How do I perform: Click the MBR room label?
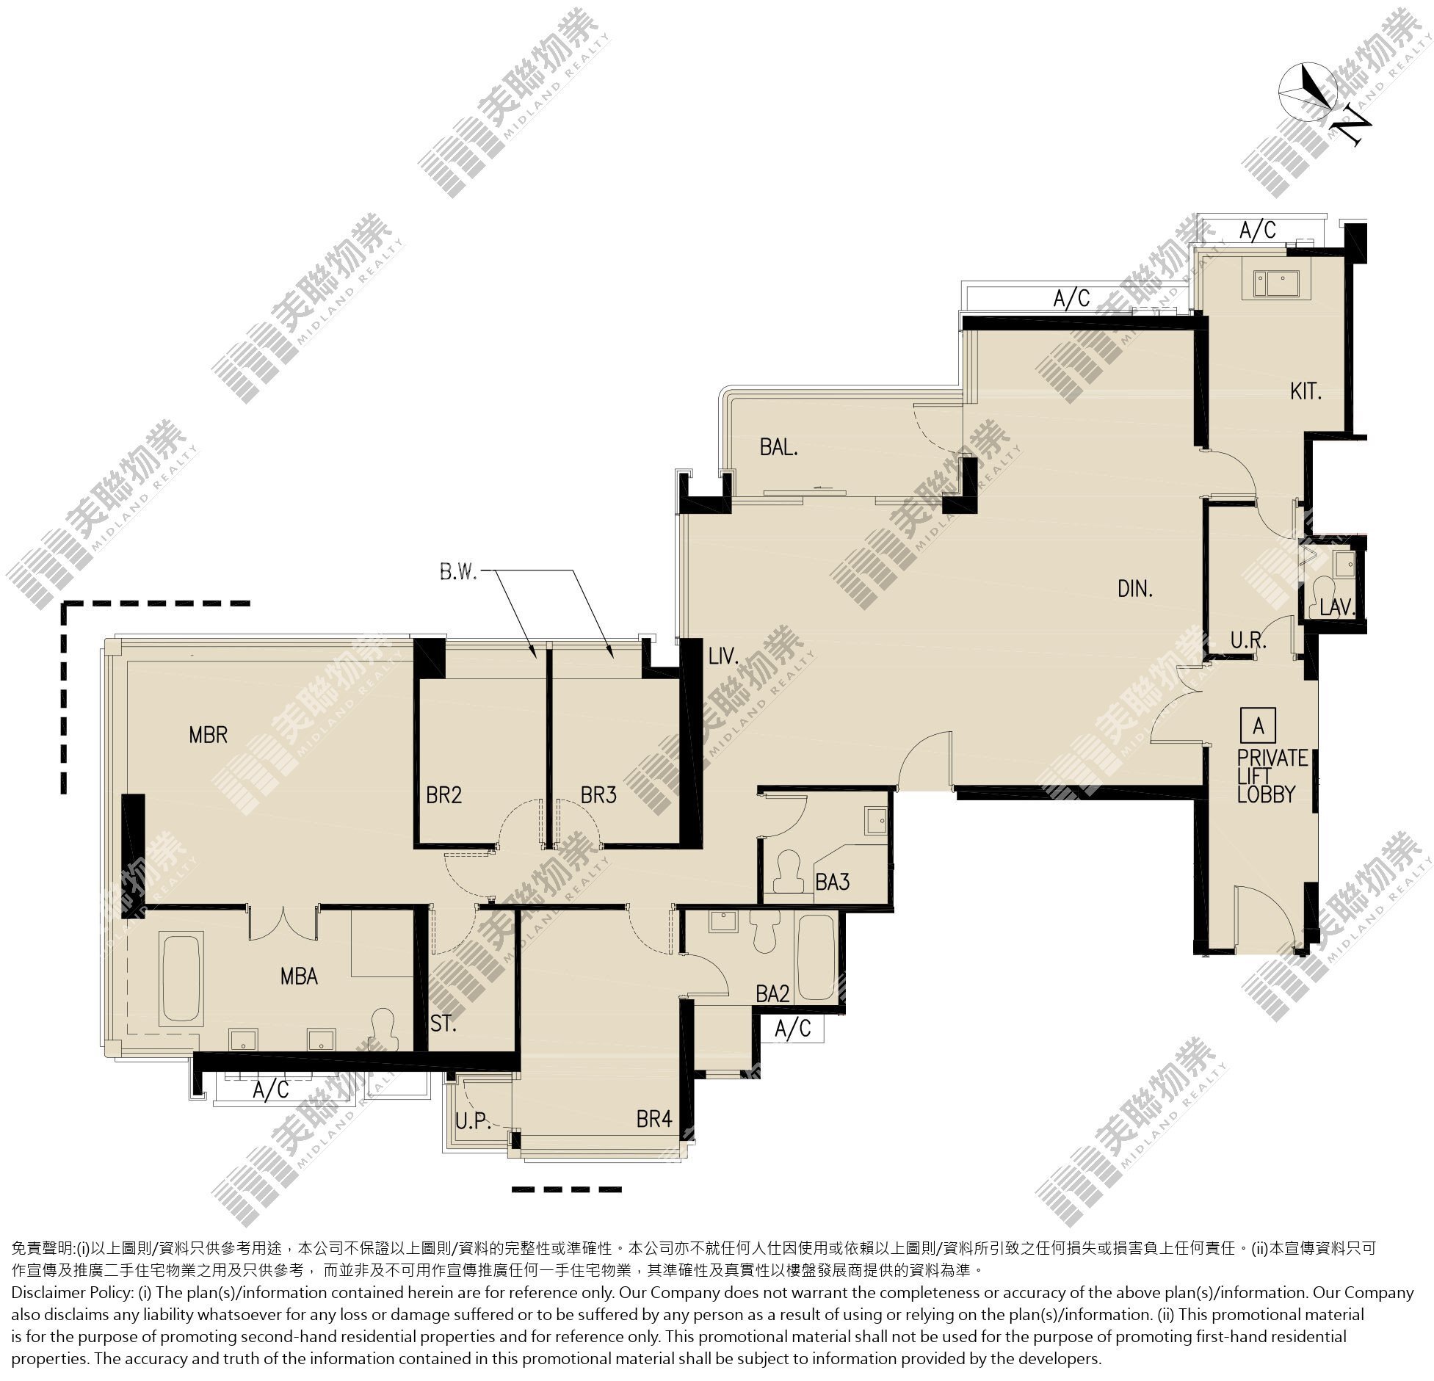[209, 734]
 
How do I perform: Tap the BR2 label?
[444, 795]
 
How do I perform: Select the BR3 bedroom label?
[598, 795]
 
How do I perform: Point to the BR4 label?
[654, 1120]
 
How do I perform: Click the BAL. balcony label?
[779, 447]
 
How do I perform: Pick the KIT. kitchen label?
[1306, 391]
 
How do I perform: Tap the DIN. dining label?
[1135, 588]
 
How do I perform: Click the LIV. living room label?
[723, 656]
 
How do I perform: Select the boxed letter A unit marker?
[1259, 726]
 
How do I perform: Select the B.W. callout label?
[458, 572]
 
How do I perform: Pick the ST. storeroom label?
[443, 1023]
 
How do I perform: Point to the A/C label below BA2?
[793, 1029]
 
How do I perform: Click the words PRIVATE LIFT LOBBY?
[1272, 776]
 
